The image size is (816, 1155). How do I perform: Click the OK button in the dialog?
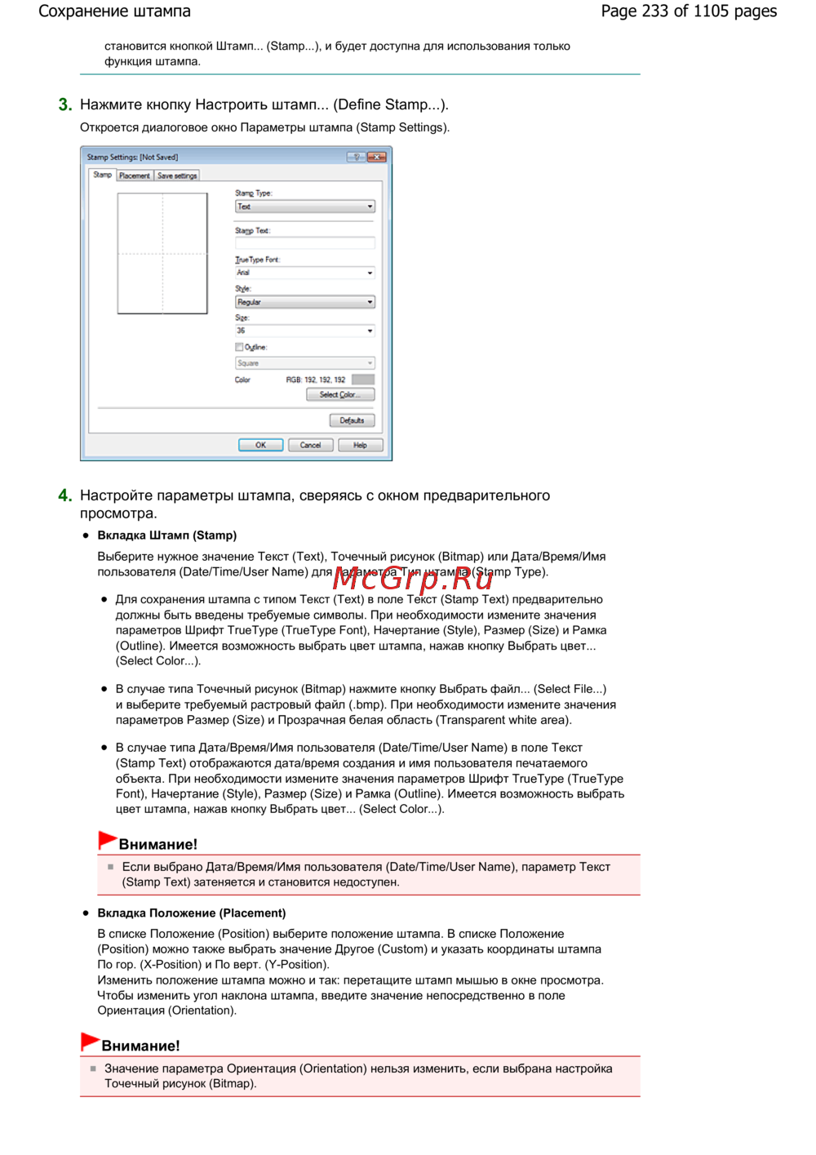(x=260, y=445)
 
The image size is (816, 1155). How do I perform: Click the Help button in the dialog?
(x=360, y=445)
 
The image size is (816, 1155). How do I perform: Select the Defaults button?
(x=352, y=420)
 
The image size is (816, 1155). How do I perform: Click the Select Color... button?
(x=339, y=395)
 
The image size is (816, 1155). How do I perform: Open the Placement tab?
(x=135, y=175)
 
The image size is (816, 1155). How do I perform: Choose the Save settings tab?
(x=177, y=175)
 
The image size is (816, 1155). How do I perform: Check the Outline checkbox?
(x=239, y=347)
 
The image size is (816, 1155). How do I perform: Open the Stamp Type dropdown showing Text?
(x=304, y=207)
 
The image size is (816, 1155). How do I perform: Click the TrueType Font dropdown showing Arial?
(x=304, y=273)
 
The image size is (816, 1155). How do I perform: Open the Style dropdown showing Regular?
(x=304, y=302)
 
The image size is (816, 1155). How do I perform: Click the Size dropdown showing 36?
(x=304, y=331)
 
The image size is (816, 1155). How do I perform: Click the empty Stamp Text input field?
(x=304, y=243)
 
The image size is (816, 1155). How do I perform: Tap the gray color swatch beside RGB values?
(x=362, y=380)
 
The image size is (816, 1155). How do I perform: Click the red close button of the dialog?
(x=376, y=157)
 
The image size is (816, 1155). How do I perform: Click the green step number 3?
(x=65, y=104)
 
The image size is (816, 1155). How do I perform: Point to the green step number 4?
(x=65, y=495)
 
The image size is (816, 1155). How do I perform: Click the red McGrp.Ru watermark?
(x=413, y=579)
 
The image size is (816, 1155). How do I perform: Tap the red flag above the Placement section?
(x=90, y=1042)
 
